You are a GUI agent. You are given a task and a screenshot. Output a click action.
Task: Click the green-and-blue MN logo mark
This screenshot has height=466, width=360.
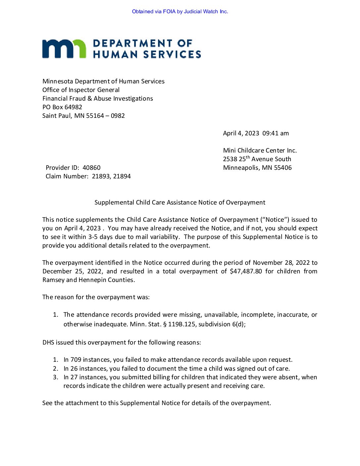click(x=64, y=49)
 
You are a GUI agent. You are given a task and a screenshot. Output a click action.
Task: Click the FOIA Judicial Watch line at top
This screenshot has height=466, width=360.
click(x=180, y=12)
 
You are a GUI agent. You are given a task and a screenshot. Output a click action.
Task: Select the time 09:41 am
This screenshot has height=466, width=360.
click(x=275, y=133)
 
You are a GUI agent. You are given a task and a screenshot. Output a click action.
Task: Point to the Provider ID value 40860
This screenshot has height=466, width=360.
click(x=91, y=168)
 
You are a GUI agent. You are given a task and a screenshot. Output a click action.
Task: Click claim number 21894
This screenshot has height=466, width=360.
click(x=122, y=176)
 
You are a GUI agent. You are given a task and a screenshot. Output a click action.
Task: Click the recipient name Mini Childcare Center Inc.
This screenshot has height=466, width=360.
click(x=260, y=151)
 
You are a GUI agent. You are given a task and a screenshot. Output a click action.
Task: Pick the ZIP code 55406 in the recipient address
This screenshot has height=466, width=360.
click(x=283, y=168)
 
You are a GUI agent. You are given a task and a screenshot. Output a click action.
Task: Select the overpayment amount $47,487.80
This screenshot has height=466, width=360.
click(x=246, y=271)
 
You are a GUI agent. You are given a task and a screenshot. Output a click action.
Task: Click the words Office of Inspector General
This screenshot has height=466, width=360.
click(x=81, y=90)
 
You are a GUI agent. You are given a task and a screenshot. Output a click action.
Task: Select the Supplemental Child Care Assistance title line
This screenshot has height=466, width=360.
click(x=180, y=203)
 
